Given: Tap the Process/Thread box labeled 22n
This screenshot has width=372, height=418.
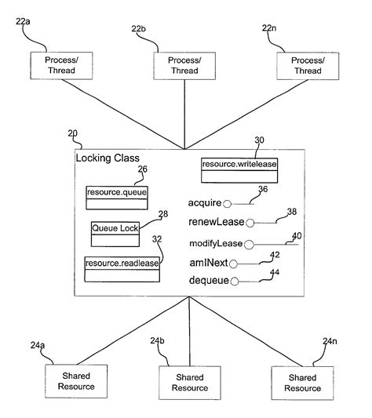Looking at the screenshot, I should point(306,66).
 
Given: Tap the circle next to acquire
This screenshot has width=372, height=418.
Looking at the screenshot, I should point(228,204).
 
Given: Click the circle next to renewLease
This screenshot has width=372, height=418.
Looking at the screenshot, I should point(250,223).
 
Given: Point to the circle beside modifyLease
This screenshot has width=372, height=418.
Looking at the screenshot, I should point(249,243).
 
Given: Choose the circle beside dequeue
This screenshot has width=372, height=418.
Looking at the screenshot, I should point(234,280).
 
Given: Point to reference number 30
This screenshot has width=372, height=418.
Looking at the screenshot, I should point(260,140).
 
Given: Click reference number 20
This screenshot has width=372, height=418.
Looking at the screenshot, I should point(73,133).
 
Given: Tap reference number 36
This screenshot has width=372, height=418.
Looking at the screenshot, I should point(263,188).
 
